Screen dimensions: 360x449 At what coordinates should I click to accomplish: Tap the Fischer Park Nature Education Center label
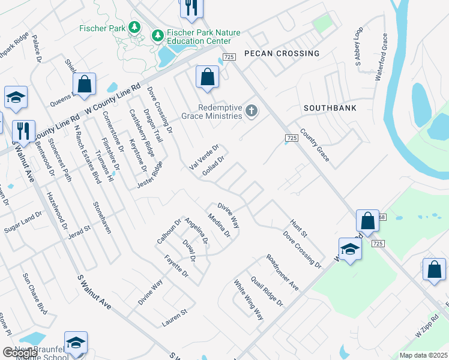click(x=198, y=36)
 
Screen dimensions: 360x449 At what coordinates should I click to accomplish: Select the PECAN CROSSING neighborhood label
click(x=282, y=53)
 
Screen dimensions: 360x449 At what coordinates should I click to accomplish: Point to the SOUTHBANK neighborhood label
click(x=330, y=108)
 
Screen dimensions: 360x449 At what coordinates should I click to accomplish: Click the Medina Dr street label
click(x=219, y=225)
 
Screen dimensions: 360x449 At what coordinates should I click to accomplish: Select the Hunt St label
click(x=298, y=228)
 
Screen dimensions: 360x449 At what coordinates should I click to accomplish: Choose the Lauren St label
click(x=175, y=318)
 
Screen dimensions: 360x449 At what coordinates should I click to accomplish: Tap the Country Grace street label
click(x=315, y=145)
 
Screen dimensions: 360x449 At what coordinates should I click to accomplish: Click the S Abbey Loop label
click(x=359, y=46)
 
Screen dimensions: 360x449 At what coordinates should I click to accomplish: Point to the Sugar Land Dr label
click(x=23, y=221)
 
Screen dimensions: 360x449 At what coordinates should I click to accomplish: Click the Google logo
click(x=19, y=353)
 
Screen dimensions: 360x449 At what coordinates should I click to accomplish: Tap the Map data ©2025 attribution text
click(x=423, y=355)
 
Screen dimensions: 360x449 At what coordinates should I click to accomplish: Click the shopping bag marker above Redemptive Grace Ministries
click(x=207, y=77)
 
